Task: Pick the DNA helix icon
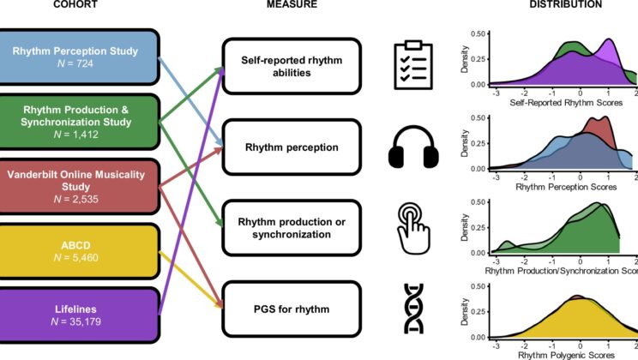pyautogui.click(x=414, y=308)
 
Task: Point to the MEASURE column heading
pyautogui.click(x=290, y=5)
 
